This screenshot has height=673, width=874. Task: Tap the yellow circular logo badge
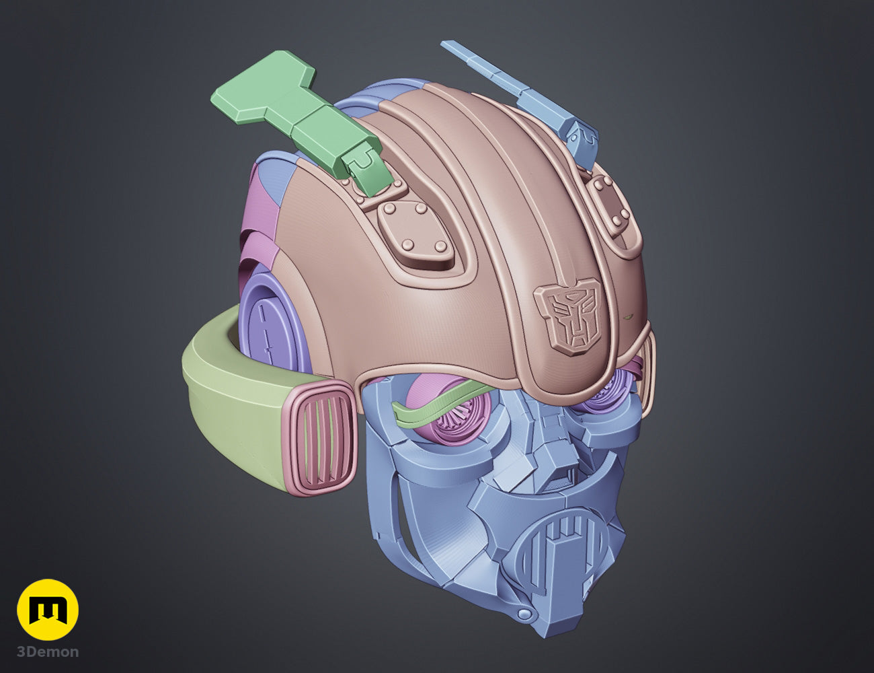click(x=48, y=610)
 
